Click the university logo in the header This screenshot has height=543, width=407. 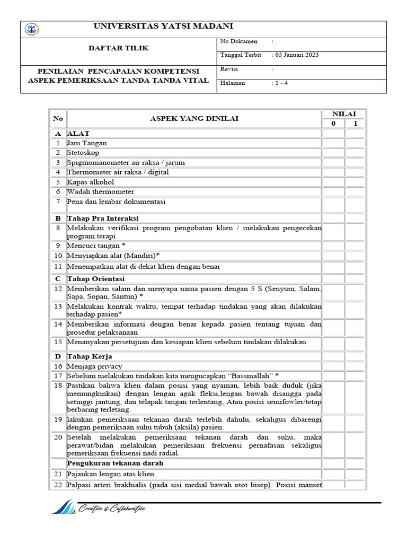[x=32, y=30]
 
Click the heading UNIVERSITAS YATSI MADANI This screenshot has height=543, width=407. [x=163, y=27]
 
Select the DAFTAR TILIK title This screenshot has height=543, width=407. [x=118, y=48]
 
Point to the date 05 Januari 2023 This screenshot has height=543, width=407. [x=296, y=55]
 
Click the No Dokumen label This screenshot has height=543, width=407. [x=238, y=41]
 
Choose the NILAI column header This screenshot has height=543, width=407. [x=344, y=113]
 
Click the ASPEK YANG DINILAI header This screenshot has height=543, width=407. [x=194, y=119]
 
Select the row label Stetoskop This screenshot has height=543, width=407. [x=83, y=153]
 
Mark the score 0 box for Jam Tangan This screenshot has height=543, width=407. [x=333, y=143]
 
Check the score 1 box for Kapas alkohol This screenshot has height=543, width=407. [x=355, y=182]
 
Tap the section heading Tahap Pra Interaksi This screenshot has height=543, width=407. [x=103, y=218]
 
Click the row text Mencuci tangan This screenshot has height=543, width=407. [x=96, y=246]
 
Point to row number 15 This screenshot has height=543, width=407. [x=58, y=342]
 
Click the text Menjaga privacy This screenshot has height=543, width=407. [x=94, y=366]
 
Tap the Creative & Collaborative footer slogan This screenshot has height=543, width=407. [x=112, y=509]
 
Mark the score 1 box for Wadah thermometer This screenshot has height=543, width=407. [x=355, y=191]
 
